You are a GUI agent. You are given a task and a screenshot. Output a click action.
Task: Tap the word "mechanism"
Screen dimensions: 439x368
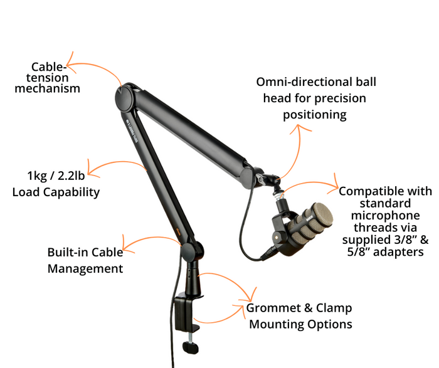[x=47, y=88]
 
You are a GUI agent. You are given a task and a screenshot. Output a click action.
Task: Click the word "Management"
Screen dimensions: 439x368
[x=85, y=269]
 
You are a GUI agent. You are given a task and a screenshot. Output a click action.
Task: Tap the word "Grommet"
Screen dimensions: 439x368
[x=272, y=308]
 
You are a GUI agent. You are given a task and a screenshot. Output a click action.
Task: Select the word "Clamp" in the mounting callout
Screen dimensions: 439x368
[x=334, y=308]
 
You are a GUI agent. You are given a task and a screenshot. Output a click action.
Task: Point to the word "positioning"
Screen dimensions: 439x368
[x=315, y=115]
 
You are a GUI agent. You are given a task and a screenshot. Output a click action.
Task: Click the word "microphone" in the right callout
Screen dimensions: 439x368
[x=386, y=216]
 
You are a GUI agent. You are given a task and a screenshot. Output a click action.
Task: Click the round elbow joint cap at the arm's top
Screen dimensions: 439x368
[x=123, y=98]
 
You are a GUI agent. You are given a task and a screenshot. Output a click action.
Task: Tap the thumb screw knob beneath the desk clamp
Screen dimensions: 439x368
[x=191, y=347]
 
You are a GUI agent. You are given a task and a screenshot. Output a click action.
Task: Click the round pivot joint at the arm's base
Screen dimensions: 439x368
[x=191, y=252]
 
